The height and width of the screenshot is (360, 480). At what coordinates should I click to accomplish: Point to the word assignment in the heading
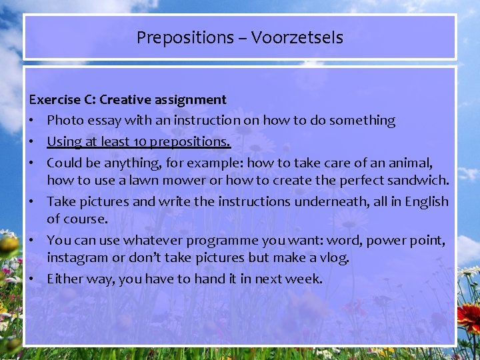(x=194, y=100)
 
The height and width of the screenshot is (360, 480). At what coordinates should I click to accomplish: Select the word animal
(x=412, y=162)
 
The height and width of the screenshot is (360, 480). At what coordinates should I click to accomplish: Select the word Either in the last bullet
(x=64, y=279)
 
